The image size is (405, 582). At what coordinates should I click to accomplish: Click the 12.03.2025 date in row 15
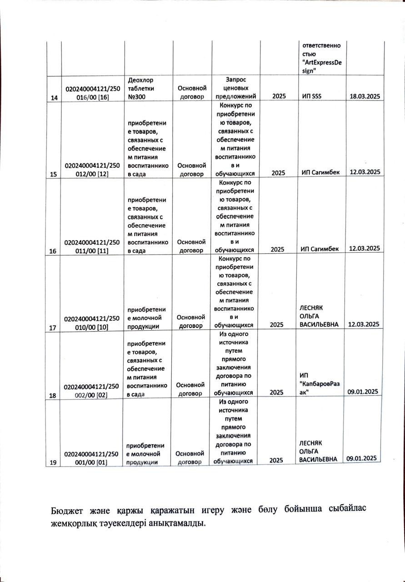click(x=364, y=171)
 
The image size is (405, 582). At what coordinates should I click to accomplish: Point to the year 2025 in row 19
click(x=276, y=461)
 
